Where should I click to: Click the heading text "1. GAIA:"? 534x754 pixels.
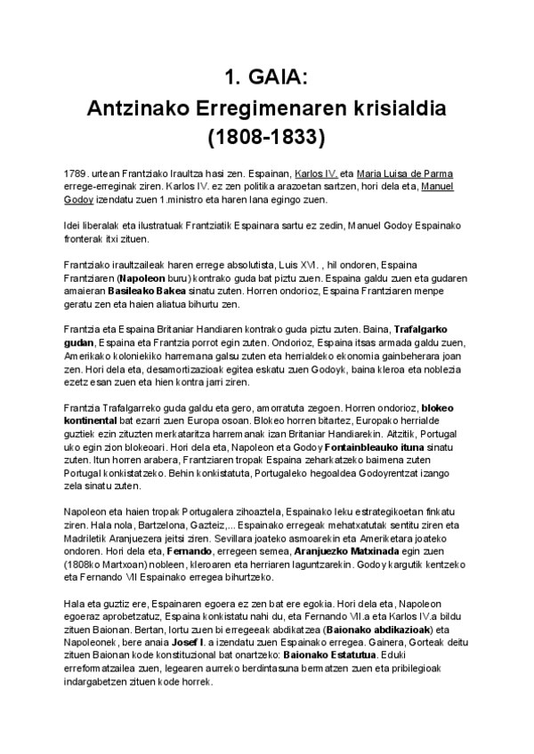point(266,78)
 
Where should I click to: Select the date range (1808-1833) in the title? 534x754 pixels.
point(266,138)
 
